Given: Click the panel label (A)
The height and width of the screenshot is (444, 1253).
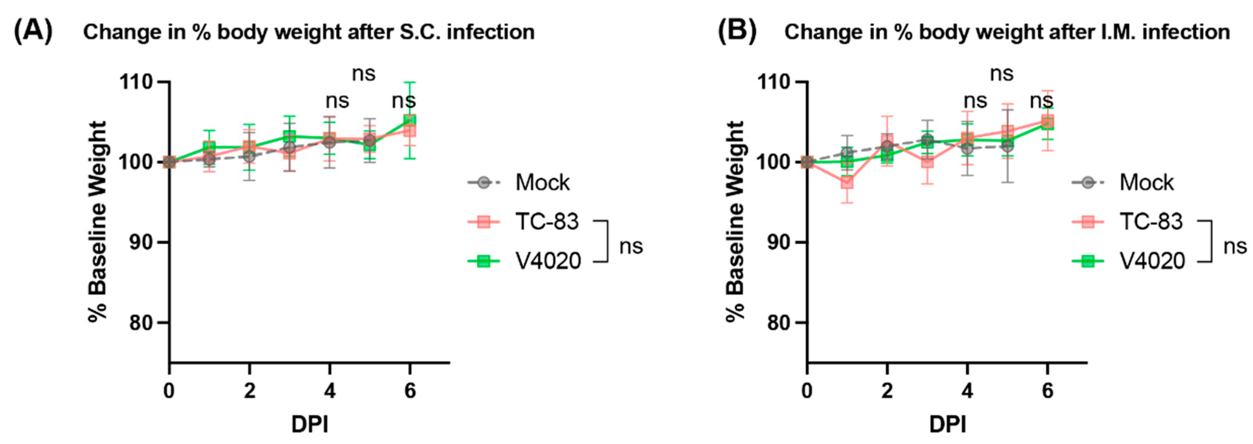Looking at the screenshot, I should (x=33, y=32).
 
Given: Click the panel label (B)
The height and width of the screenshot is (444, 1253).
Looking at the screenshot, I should (x=737, y=32).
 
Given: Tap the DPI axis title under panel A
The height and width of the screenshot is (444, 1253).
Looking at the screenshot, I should (x=310, y=425).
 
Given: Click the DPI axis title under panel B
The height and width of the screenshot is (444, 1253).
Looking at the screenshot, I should (x=947, y=425).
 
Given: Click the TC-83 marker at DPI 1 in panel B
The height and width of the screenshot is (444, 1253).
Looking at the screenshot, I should (x=847, y=183).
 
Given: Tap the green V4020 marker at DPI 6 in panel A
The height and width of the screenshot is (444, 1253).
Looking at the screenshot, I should (x=410, y=120).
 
